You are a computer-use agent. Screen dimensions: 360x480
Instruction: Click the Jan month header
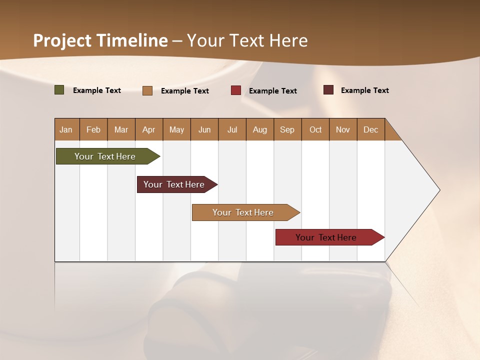[66, 129]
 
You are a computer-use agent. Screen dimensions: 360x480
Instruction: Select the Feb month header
[93, 129]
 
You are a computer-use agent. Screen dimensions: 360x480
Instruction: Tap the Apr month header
[149, 129]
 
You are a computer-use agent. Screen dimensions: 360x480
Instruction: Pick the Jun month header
[204, 129]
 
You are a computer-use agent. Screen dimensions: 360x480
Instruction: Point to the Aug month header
[260, 129]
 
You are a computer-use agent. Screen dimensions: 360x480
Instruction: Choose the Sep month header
[287, 129]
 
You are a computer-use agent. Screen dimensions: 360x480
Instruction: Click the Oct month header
[315, 129]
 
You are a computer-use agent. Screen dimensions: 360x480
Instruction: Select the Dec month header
[371, 129]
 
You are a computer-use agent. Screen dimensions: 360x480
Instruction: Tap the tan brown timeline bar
[243, 212]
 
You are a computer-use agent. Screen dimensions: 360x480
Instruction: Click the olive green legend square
[59, 90]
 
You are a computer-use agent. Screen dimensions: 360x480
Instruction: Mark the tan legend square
[147, 90]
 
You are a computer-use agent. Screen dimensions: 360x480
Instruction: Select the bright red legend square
[236, 90]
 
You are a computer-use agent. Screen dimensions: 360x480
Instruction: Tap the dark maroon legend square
[328, 90]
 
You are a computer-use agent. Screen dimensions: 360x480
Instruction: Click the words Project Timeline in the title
[100, 40]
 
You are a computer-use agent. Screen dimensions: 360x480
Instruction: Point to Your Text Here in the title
[247, 40]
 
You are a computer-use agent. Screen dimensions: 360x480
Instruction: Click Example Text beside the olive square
[97, 90]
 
